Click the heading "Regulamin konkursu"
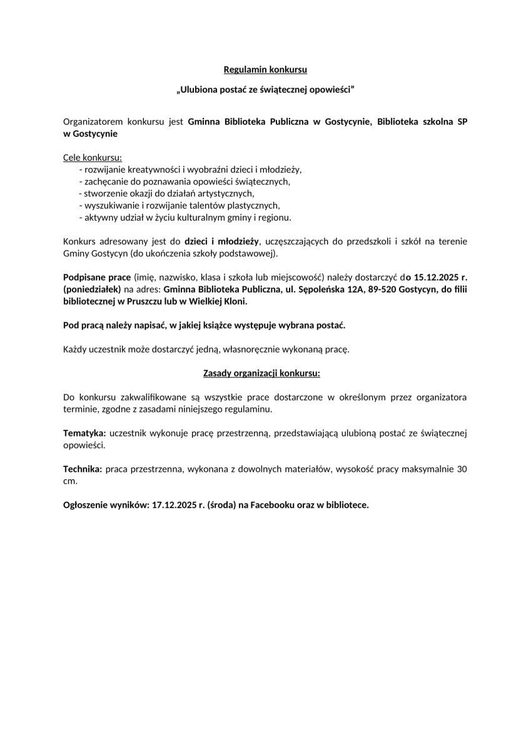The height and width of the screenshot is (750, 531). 265,69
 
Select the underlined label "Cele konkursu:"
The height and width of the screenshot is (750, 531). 93,157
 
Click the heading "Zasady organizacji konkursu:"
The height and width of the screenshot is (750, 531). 261,373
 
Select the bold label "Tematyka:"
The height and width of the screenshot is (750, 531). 84,433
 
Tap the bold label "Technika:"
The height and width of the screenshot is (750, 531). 83,469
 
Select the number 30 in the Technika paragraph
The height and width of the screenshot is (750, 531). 462,469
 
